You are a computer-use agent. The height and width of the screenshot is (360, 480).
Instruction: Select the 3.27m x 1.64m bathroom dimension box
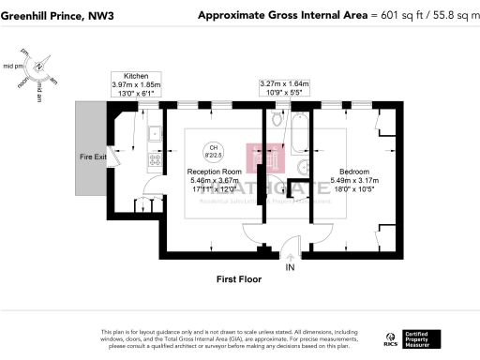pos(285,88)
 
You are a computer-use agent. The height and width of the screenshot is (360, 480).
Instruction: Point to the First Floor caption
pos(239,279)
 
